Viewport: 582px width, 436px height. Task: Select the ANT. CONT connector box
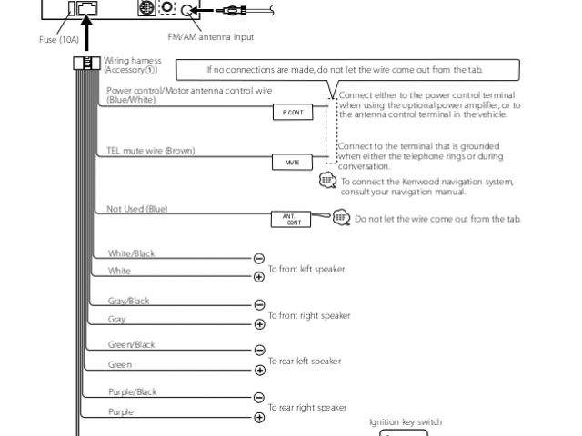coord(293,219)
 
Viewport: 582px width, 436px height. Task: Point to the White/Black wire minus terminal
coord(259,259)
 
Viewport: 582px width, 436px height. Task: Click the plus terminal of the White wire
coord(259,277)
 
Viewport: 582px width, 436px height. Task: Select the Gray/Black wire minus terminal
coord(259,305)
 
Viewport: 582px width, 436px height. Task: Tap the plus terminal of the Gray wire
coord(259,324)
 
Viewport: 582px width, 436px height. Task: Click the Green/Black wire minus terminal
coord(259,350)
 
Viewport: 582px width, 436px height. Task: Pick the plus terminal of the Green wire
coord(259,370)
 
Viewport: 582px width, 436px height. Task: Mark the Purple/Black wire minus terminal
coord(259,398)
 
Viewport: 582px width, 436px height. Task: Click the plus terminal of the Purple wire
coord(259,417)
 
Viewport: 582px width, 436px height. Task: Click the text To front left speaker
coord(308,269)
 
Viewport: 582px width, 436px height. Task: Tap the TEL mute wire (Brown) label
coord(150,150)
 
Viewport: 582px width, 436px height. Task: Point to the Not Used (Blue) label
coord(136,209)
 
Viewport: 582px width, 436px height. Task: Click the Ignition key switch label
coord(406,422)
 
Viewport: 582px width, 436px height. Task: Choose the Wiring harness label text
coord(133,64)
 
